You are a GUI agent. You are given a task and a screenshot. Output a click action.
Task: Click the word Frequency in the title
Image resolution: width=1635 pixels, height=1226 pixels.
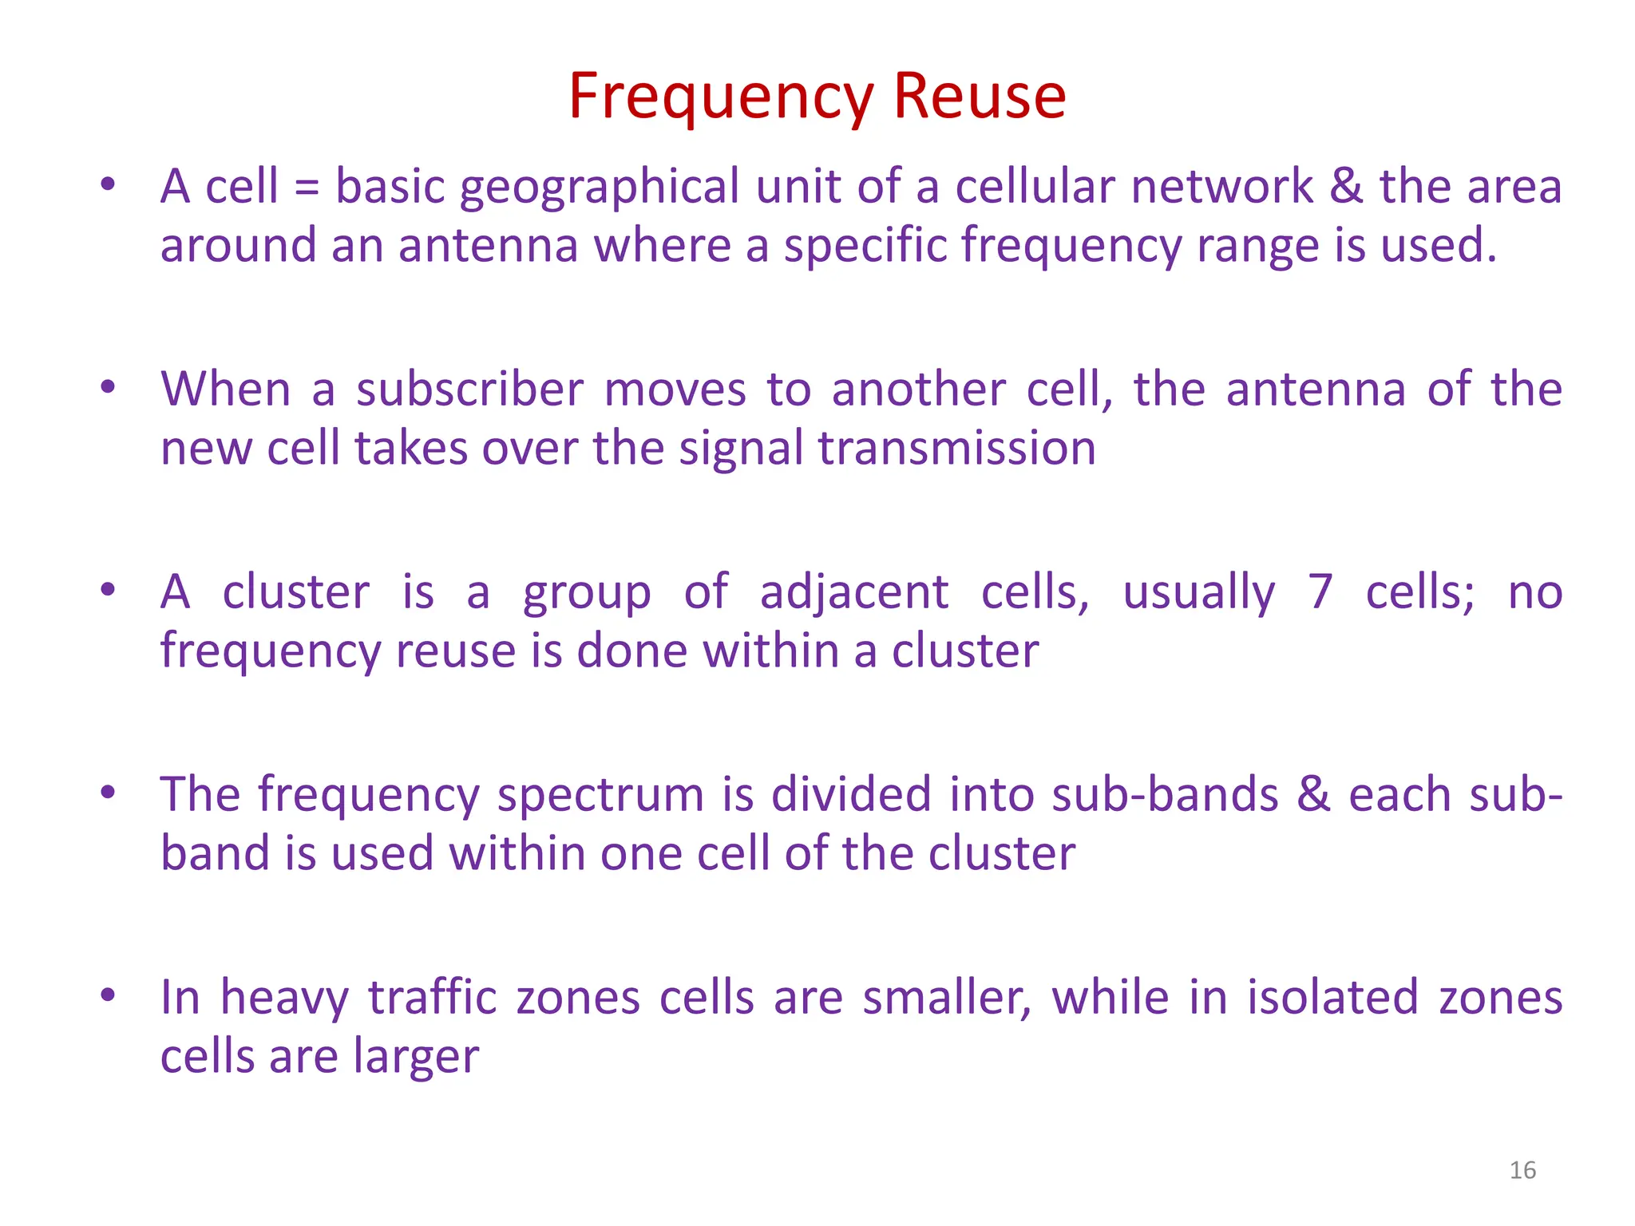tap(722, 97)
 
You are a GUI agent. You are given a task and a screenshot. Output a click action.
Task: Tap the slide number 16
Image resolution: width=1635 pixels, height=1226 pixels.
tap(1522, 1170)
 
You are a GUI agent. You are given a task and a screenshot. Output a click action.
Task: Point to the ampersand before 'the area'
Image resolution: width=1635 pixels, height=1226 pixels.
tap(1346, 187)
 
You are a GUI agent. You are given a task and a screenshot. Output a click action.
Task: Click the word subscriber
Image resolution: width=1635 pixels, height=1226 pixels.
tap(469, 390)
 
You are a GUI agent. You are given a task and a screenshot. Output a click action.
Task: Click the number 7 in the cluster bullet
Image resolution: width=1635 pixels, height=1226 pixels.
tap(1320, 593)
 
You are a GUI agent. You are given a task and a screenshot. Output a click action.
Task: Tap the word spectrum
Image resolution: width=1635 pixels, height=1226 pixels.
tap(600, 797)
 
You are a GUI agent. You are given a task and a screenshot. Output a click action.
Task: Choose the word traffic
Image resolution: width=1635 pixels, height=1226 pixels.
tap(433, 999)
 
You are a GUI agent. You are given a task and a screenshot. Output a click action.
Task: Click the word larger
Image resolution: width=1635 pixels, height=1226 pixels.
tap(415, 1058)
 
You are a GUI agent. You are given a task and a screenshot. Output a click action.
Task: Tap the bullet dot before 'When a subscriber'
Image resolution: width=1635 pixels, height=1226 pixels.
tap(108, 388)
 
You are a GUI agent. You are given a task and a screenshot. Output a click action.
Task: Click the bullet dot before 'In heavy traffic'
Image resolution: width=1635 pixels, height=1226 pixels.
tap(108, 995)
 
